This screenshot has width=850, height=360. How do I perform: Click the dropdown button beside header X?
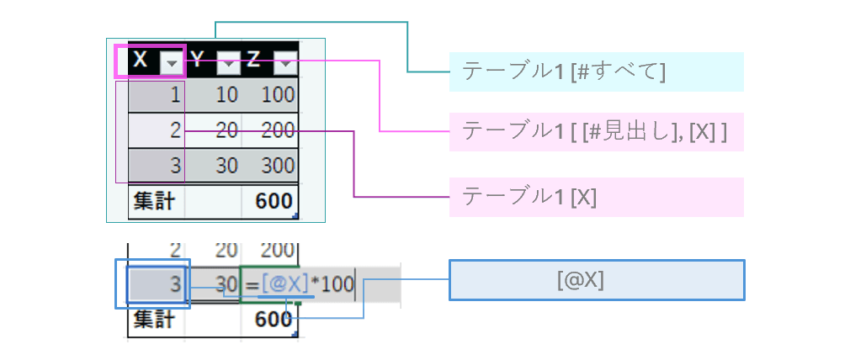(172, 62)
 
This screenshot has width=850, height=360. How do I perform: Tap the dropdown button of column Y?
(229, 62)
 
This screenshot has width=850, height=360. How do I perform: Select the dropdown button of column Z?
(286, 62)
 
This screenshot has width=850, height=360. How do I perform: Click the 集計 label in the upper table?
(151, 201)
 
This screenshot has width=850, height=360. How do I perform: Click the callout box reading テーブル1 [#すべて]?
(596, 71)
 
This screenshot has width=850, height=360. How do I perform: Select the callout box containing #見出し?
(596, 131)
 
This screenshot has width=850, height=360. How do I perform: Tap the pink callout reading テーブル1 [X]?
(596, 197)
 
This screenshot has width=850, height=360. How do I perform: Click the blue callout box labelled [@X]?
(597, 280)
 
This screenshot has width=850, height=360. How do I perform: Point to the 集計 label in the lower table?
(151, 320)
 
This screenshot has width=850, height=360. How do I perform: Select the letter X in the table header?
(141, 61)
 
